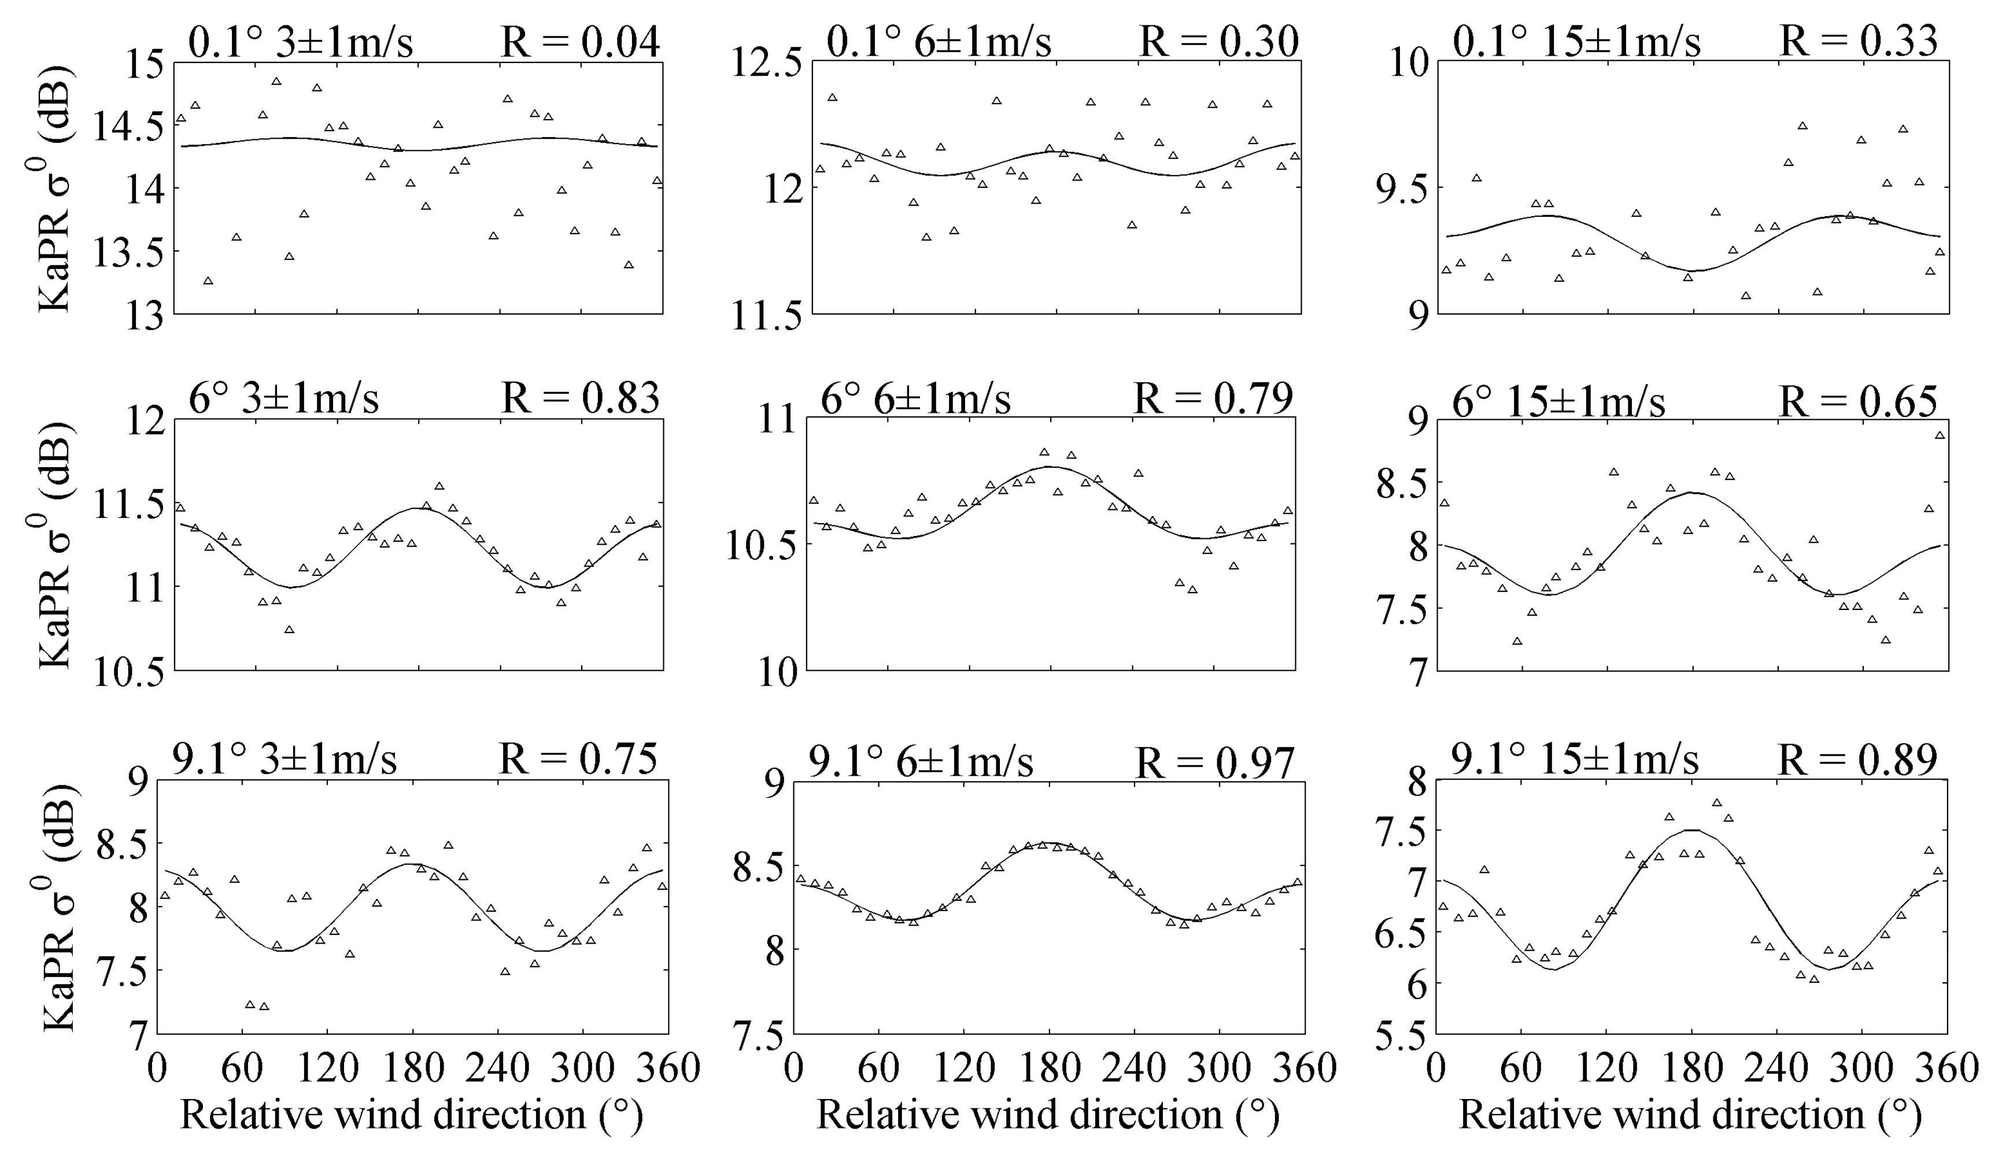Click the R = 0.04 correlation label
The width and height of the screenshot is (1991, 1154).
click(x=580, y=41)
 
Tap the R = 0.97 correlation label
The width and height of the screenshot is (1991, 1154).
click(x=1215, y=762)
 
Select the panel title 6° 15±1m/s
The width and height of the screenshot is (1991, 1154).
click(x=1558, y=401)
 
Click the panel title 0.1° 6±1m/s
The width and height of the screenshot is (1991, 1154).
click(x=939, y=41)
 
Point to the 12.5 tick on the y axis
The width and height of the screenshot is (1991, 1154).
click(x=766, y=63)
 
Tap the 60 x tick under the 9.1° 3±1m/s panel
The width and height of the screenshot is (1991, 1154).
click(x=242, y=1068)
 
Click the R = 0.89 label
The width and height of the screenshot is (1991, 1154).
click(x=1857, y=760)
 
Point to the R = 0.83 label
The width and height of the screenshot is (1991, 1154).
click(x=580, y=398)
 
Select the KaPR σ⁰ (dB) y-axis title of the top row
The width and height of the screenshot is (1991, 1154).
click(x=56, y=190)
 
